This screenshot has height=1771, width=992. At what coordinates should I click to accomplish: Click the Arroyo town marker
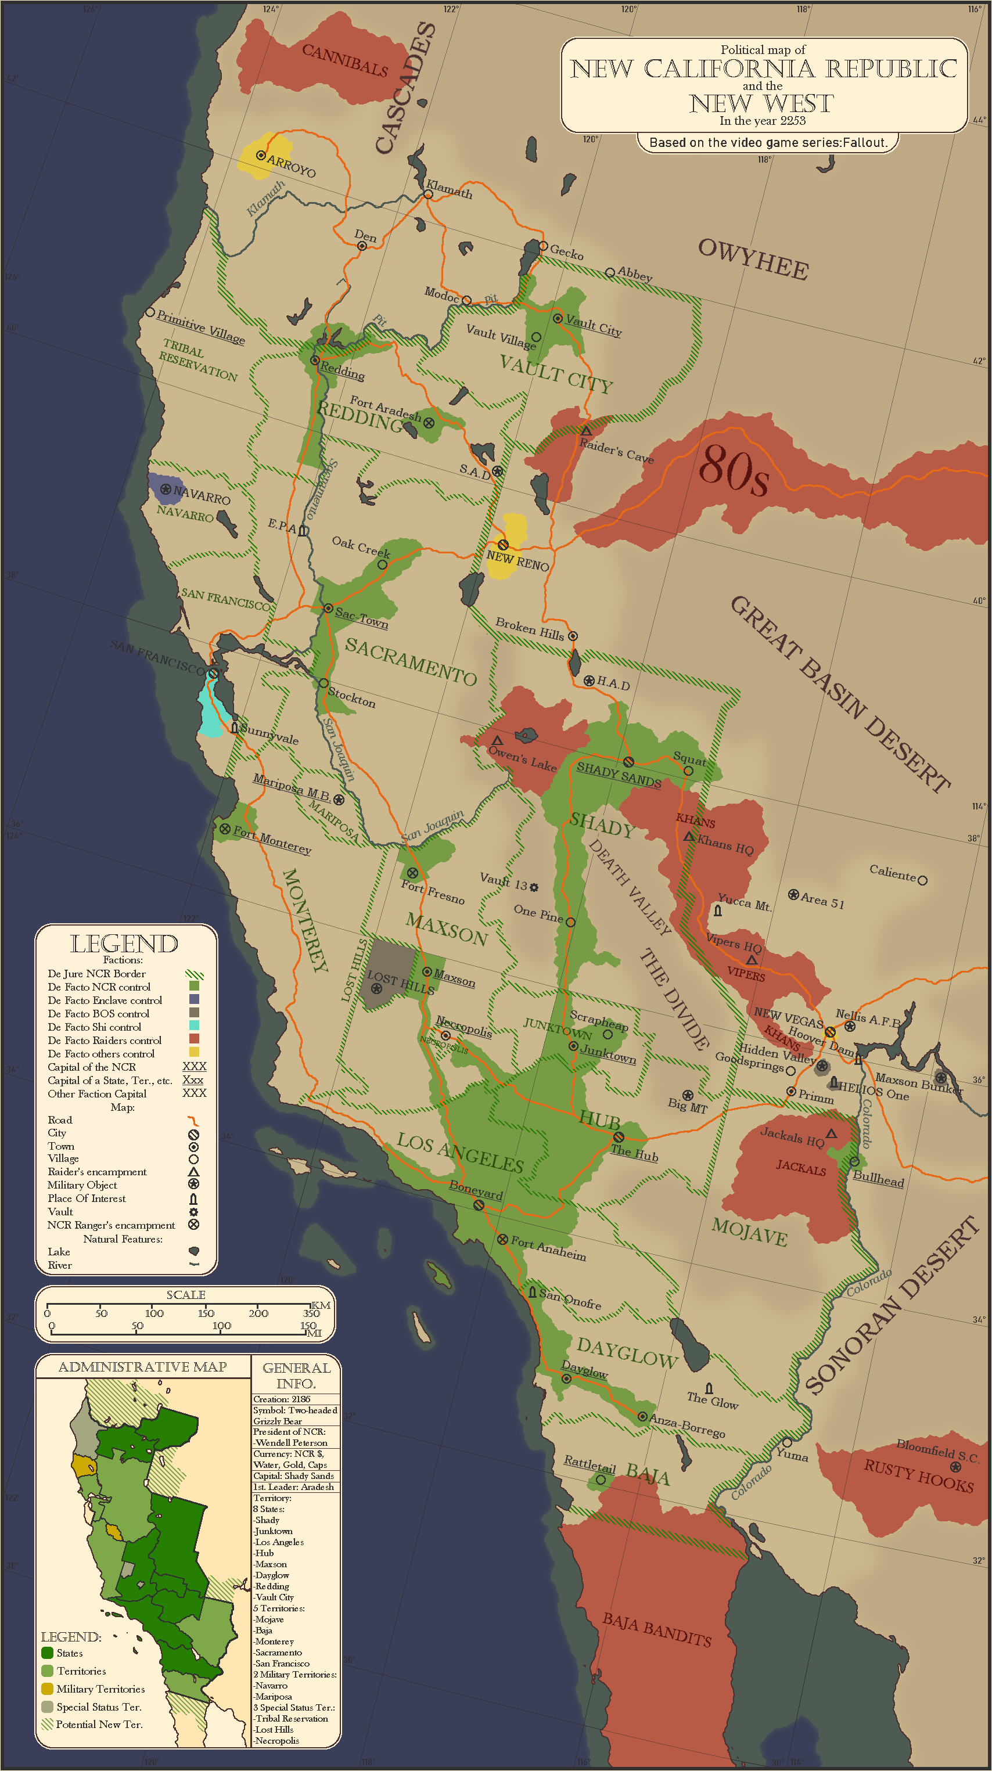coord(261,156)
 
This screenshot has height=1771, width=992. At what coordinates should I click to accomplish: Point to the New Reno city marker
coord(503,545)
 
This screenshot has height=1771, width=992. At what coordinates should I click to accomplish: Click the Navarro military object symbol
coord(166,489)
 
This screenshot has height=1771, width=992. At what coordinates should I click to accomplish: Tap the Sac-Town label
coord(362,617)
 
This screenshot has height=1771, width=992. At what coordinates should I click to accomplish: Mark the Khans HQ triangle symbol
coord(689,836)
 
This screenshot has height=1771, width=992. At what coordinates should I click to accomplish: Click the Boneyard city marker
coord(479,1205)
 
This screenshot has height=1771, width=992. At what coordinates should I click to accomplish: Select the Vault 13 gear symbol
coord(534,888)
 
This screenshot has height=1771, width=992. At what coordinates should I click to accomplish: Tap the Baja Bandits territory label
coord(656,1630)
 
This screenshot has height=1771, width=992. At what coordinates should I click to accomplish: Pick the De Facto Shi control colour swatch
coord(194,1026)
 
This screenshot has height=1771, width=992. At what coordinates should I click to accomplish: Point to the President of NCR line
coord(289,1432)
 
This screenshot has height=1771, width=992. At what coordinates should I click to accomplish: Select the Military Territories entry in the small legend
coord(100,1689)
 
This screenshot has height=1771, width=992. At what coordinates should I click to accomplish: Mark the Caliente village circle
coord(922,880)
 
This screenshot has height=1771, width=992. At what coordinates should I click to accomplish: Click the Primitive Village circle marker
coord(150,312)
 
